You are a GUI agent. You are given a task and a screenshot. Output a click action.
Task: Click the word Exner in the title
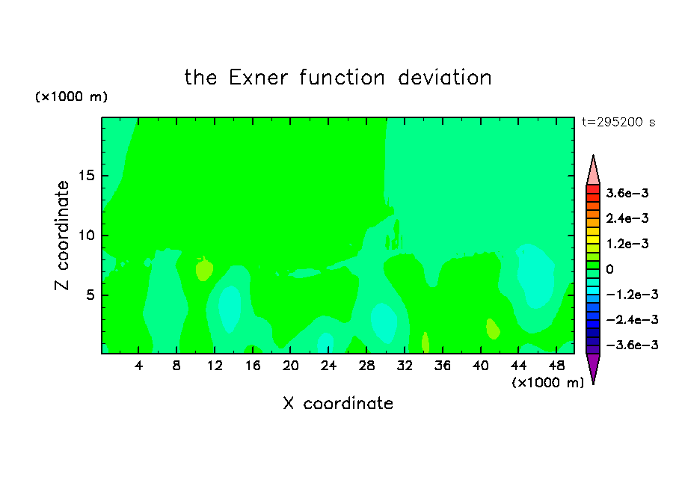coord(258,78)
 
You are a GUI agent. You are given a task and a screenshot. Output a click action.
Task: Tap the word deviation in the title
coord(444,78)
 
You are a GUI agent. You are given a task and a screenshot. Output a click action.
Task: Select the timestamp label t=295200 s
coord(618,122)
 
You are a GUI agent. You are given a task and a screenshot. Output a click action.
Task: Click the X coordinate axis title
coord(338,403)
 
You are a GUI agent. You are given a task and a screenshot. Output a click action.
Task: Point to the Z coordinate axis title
coord(61,235)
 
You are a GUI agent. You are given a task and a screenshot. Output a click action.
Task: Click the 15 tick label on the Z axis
coord(86,176)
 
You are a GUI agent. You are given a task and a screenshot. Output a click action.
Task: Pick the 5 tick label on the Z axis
coord(90,295)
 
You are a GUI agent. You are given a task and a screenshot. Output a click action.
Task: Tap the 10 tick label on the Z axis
coord(86,236)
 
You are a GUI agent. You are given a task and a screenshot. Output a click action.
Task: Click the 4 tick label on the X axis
coord(138,366)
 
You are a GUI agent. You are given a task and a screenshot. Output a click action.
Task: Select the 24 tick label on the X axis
coord(328,366)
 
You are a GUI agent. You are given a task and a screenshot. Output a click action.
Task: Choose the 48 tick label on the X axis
coord(556,366)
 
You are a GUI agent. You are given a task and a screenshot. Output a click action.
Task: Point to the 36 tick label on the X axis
coord(443,366)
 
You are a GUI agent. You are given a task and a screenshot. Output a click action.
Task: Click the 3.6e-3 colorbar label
coord(627,193)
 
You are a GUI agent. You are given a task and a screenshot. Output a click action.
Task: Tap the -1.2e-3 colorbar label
coord(632,295)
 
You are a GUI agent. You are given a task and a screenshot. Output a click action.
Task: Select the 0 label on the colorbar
coord(609,269)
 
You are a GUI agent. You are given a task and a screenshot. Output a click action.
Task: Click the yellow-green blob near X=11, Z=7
coord(204,269)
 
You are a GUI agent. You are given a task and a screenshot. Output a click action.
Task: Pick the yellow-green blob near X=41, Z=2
coord(493,329)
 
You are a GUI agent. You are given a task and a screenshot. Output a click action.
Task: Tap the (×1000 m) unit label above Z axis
coord(71,96)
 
